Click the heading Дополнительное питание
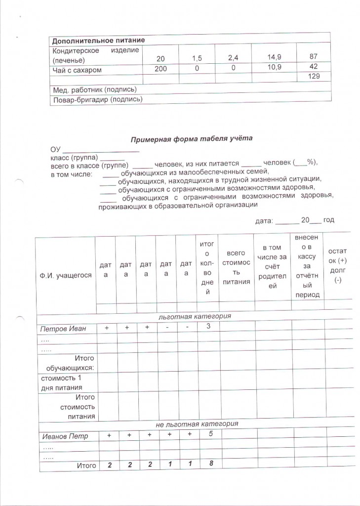pyautogui.click(x=98, y=41)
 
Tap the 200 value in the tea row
pyautogui.click(x=160, y=69)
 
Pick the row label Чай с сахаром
pyautogui.click(x=77, y=70)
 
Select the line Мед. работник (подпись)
pyautogui.click(x=94, y=89)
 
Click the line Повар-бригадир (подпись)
pyautogui.click(x=97, y=99)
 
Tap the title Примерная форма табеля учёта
pyautogui.click(x=192, y=139)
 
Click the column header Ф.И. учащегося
pyautogui.click(x=66, y=275)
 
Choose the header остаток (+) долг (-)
pyautogui.click(x=338, y=266)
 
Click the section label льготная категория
pyautogui.click(x=195, y=316)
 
